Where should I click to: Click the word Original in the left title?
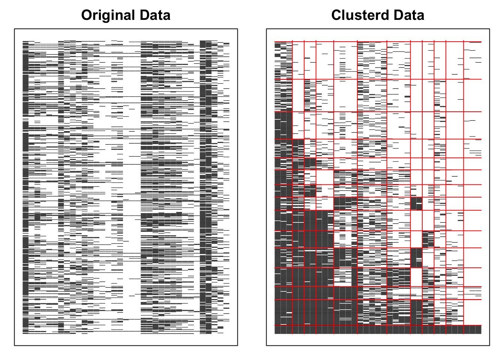(x=108, y=15)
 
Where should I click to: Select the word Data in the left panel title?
(x=155, y=15)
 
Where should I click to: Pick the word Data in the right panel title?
(x=409, y=15)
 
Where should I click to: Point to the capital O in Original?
(x=87, y=15)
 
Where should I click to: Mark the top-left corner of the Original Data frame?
(x=15, y=29)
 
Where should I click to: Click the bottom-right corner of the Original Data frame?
(x=237, y=345)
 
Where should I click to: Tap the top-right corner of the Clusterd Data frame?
(x=489, y=29)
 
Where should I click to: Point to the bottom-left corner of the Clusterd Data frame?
(x=267, y=345)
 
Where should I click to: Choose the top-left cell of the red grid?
(x=283, y=60)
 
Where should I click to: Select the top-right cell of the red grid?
(x=472, y=60)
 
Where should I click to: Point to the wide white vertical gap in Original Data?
(x=132, y=187)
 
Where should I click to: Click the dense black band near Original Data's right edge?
(x=206, y=187)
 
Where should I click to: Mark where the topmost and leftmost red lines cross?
(x=292, y=42)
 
